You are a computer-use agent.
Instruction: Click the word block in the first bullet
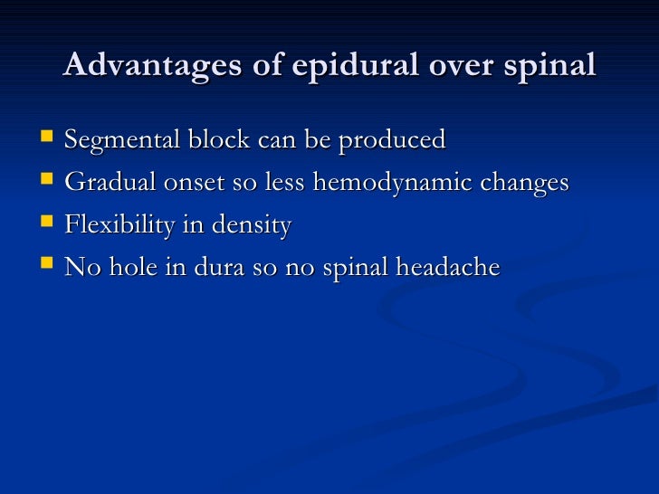coord(215,140)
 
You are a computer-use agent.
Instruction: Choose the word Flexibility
coord(119,226)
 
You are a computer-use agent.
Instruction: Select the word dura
coord(225,268)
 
